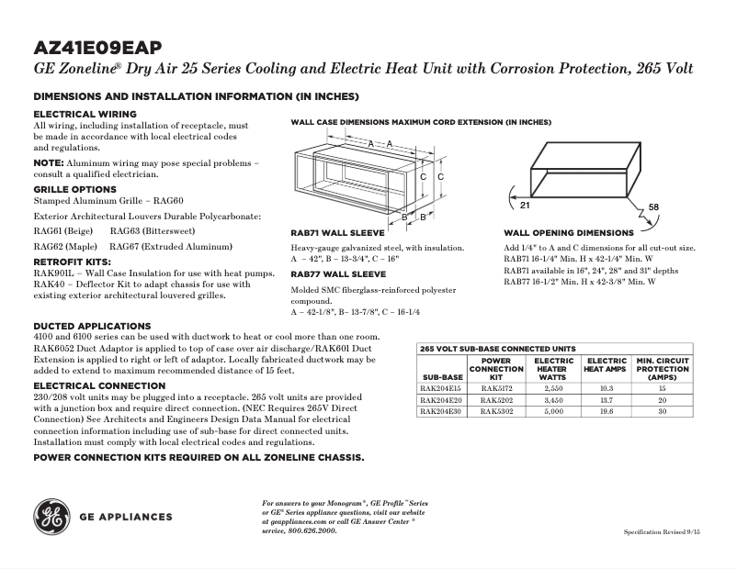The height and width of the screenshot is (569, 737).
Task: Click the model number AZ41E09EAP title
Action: click(x=100, y=48)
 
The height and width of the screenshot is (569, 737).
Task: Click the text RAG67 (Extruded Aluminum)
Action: click(x=170, y=246)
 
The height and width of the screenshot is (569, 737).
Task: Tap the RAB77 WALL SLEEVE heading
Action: click(x=338, y=274)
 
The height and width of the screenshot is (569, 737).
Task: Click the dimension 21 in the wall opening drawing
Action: click(x=513, y=193)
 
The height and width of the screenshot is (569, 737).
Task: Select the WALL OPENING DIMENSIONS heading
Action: click(x=569, y=233)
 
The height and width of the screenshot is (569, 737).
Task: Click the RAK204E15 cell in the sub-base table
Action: click(x=442, y=389)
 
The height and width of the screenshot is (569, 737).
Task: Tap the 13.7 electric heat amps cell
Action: click(x=606, y=401)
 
